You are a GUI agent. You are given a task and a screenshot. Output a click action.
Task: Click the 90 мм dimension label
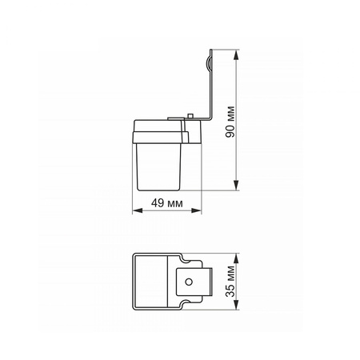(x=230, y=122)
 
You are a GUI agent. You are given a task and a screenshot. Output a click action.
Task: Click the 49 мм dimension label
(x=167, y=203)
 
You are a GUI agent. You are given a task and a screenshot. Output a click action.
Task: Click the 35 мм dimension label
(x=230, y=281)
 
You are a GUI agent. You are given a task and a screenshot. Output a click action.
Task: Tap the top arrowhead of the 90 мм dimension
(x=236, y=56)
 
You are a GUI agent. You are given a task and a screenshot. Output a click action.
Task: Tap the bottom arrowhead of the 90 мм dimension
(x=236, y=185)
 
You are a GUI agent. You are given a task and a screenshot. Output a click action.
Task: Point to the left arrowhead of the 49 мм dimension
(x=138, y=210)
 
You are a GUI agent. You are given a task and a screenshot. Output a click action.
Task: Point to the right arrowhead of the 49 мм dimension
(x=195, y=210)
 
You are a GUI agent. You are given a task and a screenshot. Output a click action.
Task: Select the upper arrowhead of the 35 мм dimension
(x=236, y=259)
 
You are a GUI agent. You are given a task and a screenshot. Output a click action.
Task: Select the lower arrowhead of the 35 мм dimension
(x=236, y=304)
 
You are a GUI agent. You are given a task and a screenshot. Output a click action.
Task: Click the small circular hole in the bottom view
(x=189, y=282)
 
